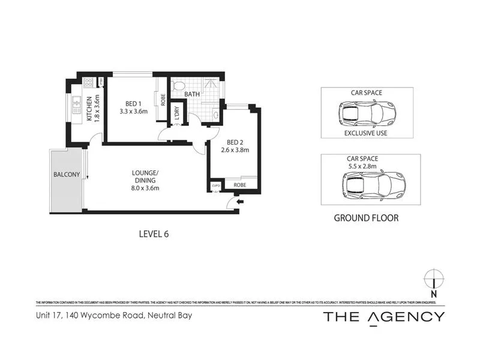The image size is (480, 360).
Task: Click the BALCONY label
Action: pos(67,175)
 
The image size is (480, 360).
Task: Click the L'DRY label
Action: pos(178,113)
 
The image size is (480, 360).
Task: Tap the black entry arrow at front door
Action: pos(240,202)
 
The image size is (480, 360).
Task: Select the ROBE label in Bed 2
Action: pos(240,186)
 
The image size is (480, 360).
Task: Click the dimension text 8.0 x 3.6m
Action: pos(145,188)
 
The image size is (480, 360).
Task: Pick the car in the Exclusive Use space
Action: pos(367,112)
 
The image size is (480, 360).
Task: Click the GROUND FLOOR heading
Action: pos(366,218)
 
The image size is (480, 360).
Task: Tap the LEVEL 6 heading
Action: pos(154,234)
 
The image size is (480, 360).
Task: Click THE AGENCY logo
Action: pos(384,317)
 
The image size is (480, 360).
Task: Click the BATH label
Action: pos(192,95)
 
